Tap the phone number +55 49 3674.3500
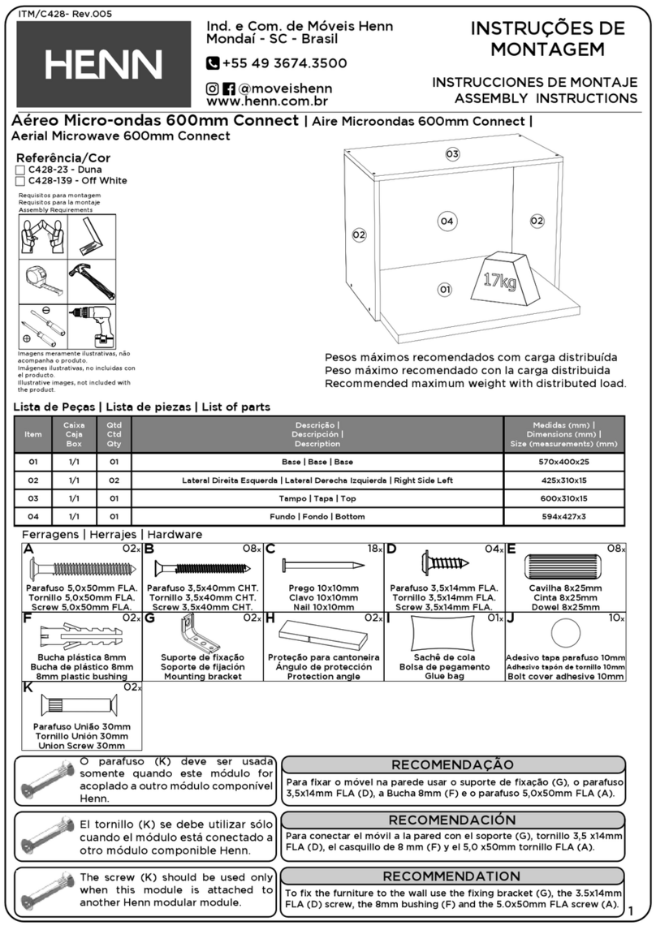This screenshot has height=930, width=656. [277, 63]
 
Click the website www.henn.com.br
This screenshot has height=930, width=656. [267, 101]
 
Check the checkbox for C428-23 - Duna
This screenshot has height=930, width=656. [20, 170]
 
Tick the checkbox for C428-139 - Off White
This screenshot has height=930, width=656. [20, 181]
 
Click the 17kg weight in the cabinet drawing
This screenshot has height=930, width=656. [501, 281]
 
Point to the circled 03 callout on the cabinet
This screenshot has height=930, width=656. [452, 154]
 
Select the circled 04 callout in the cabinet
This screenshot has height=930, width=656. [447, 221]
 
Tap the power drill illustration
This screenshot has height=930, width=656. [90, 325]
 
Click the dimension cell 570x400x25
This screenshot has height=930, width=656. [564, 461]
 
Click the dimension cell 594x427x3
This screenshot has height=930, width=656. [564, 516]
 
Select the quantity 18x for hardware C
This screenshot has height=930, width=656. [374, 549]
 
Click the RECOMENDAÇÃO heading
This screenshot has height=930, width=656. [452, 764]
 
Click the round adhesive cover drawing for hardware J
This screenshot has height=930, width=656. [565, 632]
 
